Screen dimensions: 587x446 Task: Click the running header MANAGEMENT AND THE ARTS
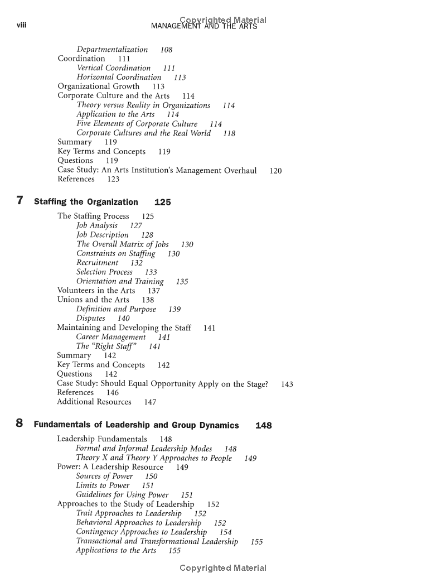[204, 27]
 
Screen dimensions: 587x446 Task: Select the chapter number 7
[20, 201]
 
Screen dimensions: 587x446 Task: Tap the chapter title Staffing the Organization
[86, 202]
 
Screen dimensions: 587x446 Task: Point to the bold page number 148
[263, 425]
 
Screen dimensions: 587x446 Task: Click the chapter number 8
[20, 424]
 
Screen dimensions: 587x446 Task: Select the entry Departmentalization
[112, 50]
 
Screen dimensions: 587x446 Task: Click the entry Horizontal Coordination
[119, 78]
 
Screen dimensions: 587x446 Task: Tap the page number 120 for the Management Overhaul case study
[275, 171]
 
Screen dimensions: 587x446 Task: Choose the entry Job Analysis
[97, 225]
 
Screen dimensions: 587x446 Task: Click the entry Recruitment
[98, 263]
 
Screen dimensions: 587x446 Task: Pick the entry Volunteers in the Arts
[96, 291]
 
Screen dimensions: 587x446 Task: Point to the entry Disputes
[91, 319]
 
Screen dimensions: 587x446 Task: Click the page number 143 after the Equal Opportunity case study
[287, 384]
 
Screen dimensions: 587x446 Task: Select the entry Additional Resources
[94, 402]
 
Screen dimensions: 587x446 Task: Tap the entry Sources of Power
[104, 477]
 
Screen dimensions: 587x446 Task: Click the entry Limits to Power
[103, 485]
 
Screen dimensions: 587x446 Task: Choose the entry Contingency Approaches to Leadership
[141, 532]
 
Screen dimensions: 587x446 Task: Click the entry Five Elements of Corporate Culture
[137, 124]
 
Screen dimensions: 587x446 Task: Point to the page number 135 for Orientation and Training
[182, 282]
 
